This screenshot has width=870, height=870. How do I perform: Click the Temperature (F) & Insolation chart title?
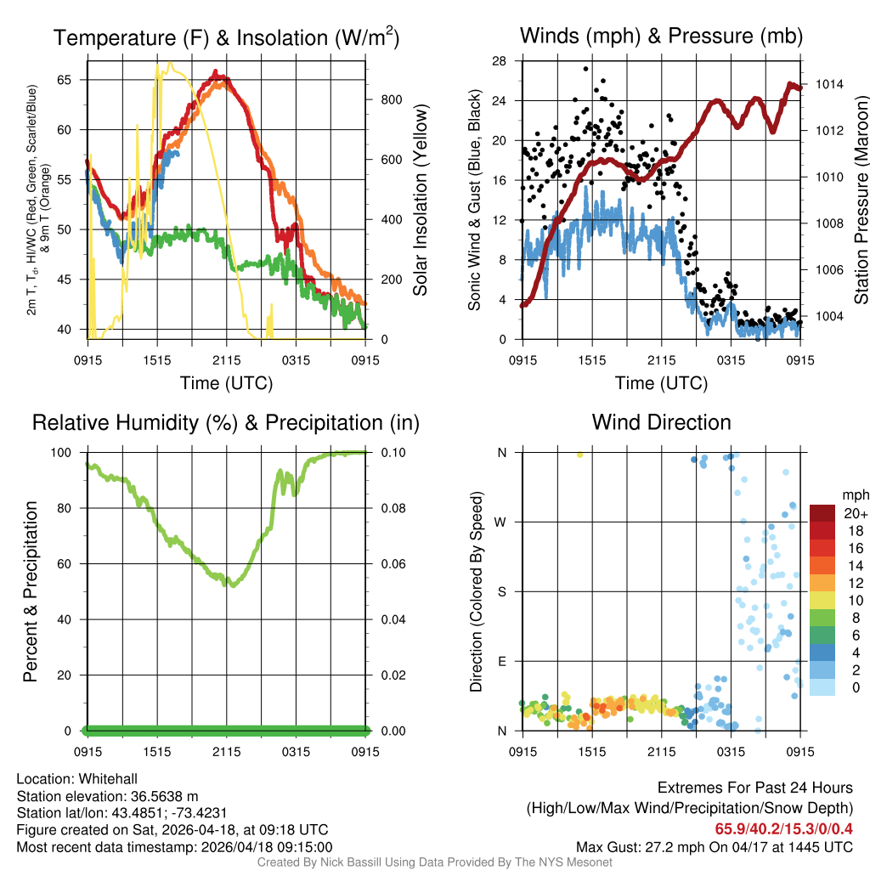click(x=226, y=37)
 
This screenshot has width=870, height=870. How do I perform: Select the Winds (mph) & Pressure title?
click(x=661, y=36)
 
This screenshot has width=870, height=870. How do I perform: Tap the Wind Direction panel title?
click(x=661, y=422)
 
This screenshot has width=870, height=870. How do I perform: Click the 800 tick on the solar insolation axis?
click(x=392, y=99)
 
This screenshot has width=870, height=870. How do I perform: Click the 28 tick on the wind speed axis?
click(x=500, y=60)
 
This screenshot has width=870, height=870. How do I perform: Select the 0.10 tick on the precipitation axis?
click(x=393, y=452)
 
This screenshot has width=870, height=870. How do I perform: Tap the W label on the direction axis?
click(x=502, y=522)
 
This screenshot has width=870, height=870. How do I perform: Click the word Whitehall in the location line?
click(x=105, y=779)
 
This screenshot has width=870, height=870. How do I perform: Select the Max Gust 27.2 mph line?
click(x=714, y=846)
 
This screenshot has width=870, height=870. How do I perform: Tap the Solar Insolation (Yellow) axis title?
click(x=420, y=201)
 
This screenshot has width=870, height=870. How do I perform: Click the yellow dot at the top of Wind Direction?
click(x=579, y=455)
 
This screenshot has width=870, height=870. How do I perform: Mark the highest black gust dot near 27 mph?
click(x=585, y=69)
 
